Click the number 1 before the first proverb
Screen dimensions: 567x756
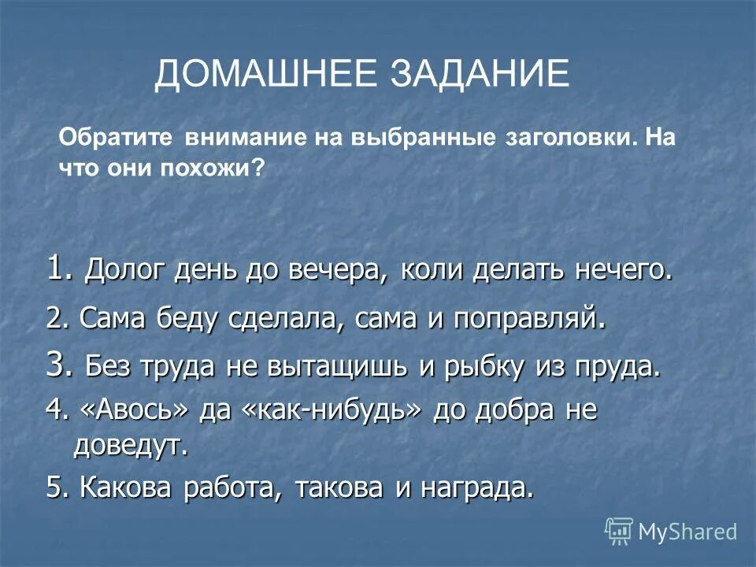53,270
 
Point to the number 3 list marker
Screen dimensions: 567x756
53,366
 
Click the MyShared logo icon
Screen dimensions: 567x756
619,532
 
